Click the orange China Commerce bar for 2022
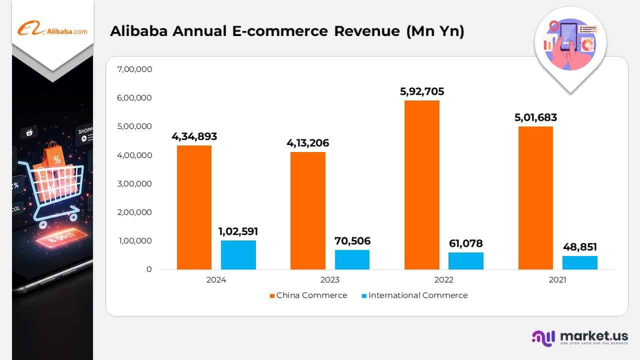(x=422, y=185)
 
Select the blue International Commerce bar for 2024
(x=238, y=255)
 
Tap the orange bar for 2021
(x=535, y=198)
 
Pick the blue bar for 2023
(x=352, y=259)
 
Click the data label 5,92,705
(x=422, y=92)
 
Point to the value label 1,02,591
(x=238, y=232)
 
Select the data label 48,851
(x=579, y=247)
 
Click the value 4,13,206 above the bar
(x=308, y=143)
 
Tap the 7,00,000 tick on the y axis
(x=134, y=69)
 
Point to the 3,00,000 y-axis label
(x=134, y=183)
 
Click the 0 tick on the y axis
(x=149, y=269)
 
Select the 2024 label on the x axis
(x=216, y=280)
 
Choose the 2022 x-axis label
(x=443, y=280)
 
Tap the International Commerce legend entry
(x=414, y=295)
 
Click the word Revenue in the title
(x=366, y=31)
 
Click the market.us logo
(x=580, y=337)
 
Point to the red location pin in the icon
(x=553, y=26)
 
